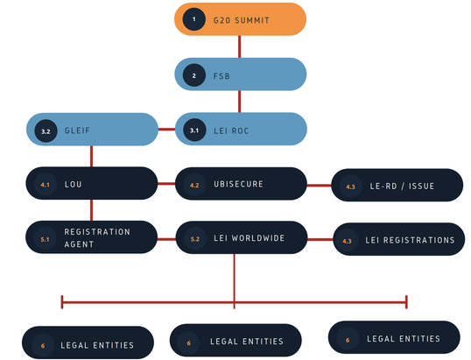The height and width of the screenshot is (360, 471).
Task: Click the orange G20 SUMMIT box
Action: pos(241,18)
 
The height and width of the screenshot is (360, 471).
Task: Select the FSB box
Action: pos(241,74)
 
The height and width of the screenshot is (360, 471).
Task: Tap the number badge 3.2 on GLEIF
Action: pos(46,131)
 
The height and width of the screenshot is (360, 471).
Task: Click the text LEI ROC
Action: pos(232,131)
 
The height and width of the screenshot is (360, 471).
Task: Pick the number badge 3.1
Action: pos(194,131)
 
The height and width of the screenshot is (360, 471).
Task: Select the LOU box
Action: pos(91,185)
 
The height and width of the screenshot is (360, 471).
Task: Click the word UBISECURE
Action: pos(239,185)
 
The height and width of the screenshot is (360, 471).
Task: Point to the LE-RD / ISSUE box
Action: pos(397,186)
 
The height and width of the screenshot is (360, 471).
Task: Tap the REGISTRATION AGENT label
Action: pos(96,237)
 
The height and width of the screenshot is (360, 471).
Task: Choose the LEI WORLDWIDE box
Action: pos(242,237)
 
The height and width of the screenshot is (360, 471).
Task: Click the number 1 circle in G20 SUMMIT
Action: pos(194,18)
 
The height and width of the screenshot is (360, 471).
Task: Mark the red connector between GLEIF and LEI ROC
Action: pos(166,131)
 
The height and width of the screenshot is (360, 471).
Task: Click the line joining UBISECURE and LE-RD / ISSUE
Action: pos(320,185)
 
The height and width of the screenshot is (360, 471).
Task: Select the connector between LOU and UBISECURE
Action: pos(166,185)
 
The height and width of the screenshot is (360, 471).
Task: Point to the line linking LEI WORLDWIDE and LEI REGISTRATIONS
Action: pos(320,237)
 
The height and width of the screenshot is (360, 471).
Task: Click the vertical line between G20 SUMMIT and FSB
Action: pos(241,46)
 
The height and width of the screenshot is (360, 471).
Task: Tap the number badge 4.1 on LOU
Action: pos(46,185)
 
